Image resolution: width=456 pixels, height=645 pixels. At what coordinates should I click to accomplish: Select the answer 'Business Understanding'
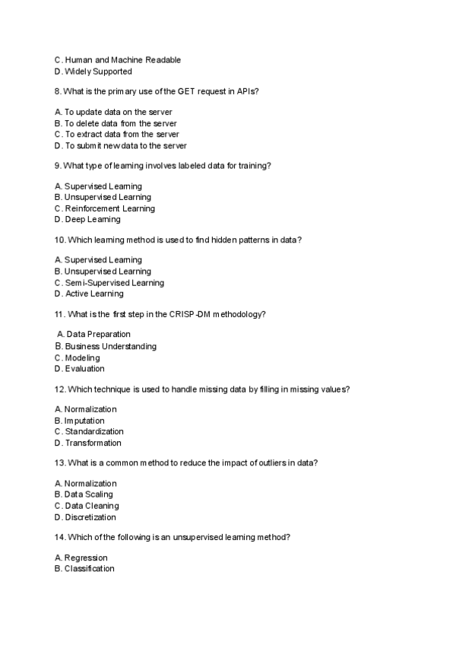click(x=110, y=347)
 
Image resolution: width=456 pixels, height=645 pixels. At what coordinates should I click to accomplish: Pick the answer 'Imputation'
click(x=84, y=421)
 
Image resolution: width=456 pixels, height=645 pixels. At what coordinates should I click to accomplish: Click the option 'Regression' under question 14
click(x=86, y=558)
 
